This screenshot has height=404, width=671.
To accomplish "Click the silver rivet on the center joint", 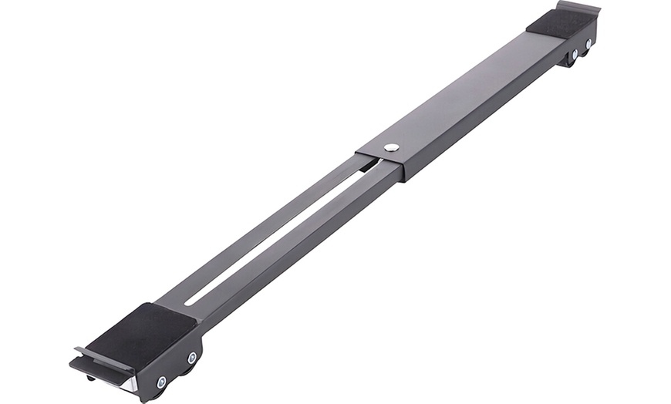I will click(x=392, y=147).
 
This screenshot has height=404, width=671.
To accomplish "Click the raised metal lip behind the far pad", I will click(x=579, y=8).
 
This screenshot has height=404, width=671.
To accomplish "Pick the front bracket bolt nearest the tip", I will click(x=161, y=382).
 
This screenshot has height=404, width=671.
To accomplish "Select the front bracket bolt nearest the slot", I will click(x=191, y=358).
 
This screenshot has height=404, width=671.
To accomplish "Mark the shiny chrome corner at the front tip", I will click(x=132, y=384).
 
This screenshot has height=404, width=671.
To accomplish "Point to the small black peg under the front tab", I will click(x=91, y=378).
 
